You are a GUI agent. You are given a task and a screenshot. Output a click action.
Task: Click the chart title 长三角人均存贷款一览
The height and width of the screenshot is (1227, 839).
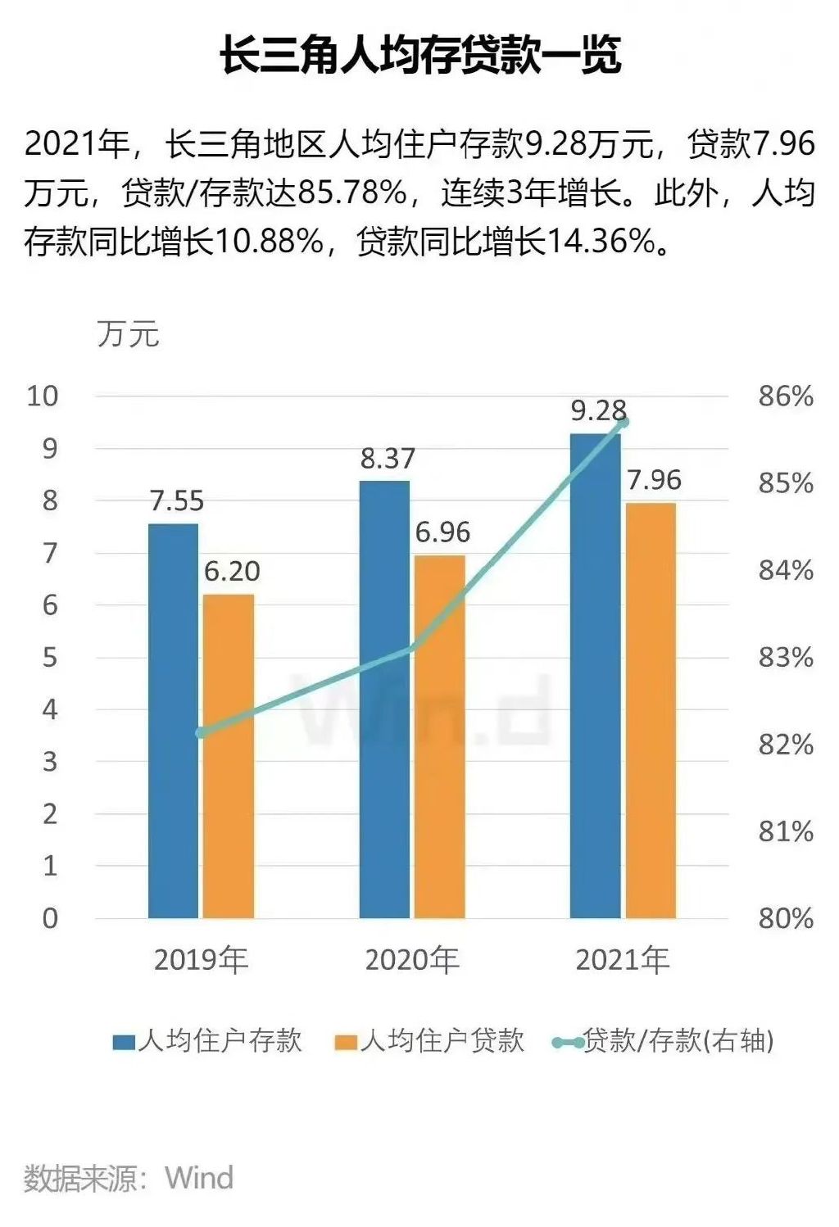pos(419,56)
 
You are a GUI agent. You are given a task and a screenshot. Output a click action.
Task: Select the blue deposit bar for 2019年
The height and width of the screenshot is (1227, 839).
pos(173,721)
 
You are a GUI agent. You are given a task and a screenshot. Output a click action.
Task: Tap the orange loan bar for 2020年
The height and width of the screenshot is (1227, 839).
pos(440,737)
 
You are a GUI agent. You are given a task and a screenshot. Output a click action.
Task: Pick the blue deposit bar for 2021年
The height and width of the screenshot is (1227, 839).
pos(595,676)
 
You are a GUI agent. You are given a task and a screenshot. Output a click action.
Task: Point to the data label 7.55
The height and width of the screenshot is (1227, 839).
pos(176,500)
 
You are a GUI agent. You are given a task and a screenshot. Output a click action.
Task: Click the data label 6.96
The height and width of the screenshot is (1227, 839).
pos(442,532)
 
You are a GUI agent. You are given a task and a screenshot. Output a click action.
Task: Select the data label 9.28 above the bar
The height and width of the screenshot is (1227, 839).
pos(598,410)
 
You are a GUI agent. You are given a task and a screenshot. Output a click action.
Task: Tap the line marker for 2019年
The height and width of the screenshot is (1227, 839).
pos(201,732)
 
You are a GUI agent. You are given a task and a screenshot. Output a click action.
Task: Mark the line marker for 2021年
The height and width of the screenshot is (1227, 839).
pos(624,423)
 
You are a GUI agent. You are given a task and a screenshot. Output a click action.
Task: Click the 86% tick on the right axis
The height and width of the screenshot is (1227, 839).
pos(785,396)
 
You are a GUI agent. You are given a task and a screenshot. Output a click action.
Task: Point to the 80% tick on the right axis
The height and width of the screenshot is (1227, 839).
pos(785,918)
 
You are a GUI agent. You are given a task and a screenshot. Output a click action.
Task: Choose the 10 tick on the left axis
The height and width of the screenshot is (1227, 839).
pos(43,396)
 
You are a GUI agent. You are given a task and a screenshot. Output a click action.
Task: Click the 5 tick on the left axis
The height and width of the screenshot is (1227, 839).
pos(50,658)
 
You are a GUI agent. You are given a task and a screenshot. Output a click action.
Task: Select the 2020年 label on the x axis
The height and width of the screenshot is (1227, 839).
pos(412,960)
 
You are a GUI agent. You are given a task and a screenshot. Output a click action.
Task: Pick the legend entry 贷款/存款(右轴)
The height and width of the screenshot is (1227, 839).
pos(664,1041)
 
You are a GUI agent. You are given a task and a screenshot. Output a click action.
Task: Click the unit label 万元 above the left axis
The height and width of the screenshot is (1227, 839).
pos(128,334)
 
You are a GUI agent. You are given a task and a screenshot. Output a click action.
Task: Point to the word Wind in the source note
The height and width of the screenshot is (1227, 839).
pos(199,1178)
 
